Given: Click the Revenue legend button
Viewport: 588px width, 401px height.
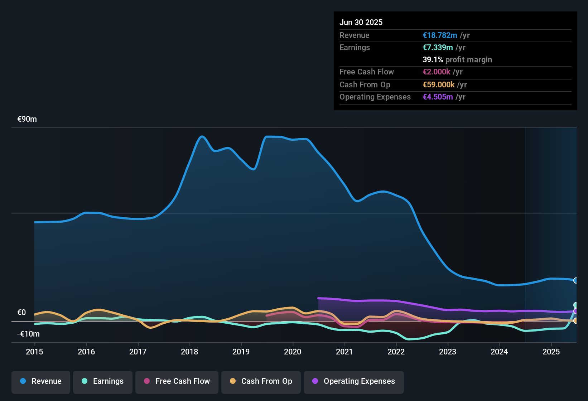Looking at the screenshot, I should tap(41, 381).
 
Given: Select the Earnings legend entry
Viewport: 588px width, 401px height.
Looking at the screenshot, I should tap(103, 381).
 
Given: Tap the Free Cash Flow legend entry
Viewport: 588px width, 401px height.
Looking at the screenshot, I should tap(177, 381).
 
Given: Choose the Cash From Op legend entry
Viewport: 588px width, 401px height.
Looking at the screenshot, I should tap(261, 381).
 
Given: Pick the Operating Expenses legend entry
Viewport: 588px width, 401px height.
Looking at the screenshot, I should tap(354, 381).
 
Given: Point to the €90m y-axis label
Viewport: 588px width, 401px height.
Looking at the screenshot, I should tap(27, 119).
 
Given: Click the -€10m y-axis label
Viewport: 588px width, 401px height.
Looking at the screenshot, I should tap(29, 334).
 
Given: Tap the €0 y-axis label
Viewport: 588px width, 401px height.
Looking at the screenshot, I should tap(22, 313).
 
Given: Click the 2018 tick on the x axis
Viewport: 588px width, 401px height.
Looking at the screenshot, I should tap(189, 352).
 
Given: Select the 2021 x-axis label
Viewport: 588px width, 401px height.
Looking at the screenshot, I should tap(344, 352).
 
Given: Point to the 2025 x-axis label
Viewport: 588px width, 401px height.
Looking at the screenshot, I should tap(551, 352).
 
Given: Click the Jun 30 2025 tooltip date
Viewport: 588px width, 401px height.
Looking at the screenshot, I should tap(361, 23).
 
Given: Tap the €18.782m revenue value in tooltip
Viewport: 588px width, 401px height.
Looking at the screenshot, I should tap(440, 35).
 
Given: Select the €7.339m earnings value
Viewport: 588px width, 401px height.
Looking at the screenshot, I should tap(438, 48).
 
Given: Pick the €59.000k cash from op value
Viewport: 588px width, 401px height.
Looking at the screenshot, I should tap(439, 85).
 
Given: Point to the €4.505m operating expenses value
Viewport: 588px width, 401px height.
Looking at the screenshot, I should tap(438, 97).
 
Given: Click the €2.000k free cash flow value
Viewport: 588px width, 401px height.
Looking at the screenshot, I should tap(437, 72).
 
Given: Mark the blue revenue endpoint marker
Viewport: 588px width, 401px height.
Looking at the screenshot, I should tap(576, 280).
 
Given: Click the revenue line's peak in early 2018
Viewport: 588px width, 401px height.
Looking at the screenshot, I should tap(202, 136).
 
